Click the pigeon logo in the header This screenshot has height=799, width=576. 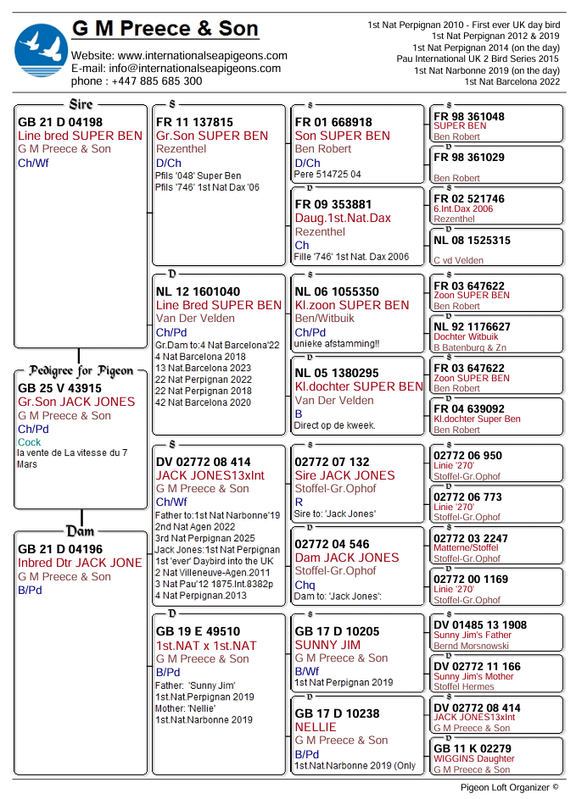click(x=41, y=51)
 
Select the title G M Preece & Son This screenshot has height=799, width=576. click(x=165, y=29)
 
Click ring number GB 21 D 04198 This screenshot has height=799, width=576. click(x=60, y=122)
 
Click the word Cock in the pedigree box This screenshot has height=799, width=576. click(x=29, y=442)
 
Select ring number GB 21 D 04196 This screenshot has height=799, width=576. click(x=60, y=549)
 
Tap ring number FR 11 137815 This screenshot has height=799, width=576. click(x=194, y=122)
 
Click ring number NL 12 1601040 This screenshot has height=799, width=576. click(x=198, y=291)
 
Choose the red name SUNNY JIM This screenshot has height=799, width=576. click(x=327, y=645)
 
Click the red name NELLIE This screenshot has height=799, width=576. click(x=316, y=727)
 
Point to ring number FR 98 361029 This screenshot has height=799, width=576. click(x=468, y=158)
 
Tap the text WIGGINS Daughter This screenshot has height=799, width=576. click(x=473, y=759)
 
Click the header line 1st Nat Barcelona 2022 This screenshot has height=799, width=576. click(x=512, y=81)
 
